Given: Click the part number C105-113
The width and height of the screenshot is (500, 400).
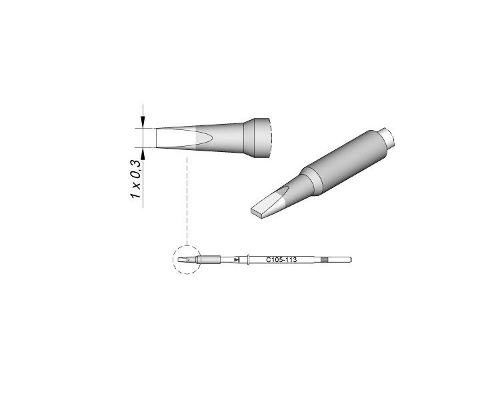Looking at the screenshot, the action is click(x=281, y=260).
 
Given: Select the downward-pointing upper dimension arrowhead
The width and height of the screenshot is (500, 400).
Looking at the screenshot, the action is click(x=143, y=123).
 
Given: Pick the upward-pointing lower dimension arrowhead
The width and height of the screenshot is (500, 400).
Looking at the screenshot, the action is click(x=143, y=153).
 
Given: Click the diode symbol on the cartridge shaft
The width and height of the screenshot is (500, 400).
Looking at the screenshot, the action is click(x=236, y=260).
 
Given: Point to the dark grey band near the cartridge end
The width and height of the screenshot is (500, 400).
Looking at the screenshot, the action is click(x=324, y=260).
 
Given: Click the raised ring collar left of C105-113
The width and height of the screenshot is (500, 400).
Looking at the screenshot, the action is click(x=248, y=260).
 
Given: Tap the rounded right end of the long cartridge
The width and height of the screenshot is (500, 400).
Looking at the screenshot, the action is click(x=351, y=260).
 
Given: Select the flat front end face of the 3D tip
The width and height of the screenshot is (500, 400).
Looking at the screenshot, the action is click(x=257, y=213).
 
